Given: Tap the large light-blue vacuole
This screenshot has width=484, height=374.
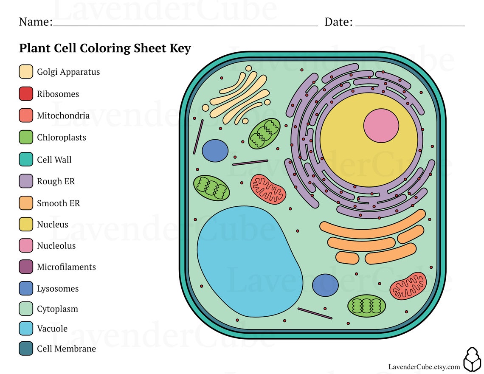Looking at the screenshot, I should click(x=248, y=261).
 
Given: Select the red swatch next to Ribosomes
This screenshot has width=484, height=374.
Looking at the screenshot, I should click(x=26, y=94).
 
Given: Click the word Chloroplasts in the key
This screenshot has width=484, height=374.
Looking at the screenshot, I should click(x=61, y=138).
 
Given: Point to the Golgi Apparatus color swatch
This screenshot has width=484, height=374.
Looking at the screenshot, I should click(x=26, y=72).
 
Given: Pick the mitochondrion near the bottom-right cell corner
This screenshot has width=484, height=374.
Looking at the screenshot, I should click(x=408, y=286).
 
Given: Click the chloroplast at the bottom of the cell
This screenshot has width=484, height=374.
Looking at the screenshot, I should click(x=366, y=306).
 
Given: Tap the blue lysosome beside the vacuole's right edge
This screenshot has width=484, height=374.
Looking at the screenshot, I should click(x=325, y=285).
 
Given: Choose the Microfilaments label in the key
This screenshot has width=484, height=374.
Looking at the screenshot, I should click(x=66, y=267).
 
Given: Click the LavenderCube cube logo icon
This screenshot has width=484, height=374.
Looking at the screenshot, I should click(x=472, y=360).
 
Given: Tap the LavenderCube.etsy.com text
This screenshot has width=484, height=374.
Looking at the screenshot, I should click(x=424, y=367).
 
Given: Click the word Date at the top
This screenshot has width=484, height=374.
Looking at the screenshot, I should click(x=338, y=22).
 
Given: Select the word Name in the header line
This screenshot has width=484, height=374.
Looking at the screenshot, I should click(x=35, y=22).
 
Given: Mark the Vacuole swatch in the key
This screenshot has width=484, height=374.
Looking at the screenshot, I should click(x=26, y=329).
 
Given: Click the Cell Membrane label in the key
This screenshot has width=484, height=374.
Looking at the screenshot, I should click(x=66, y=349).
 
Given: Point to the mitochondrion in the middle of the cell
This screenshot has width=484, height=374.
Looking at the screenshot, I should click(x=268, y=188).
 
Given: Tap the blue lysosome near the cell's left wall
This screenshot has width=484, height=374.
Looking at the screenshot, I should click(x=215, y=151).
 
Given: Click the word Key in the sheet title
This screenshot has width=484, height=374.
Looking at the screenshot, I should click(x=180, y=48).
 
